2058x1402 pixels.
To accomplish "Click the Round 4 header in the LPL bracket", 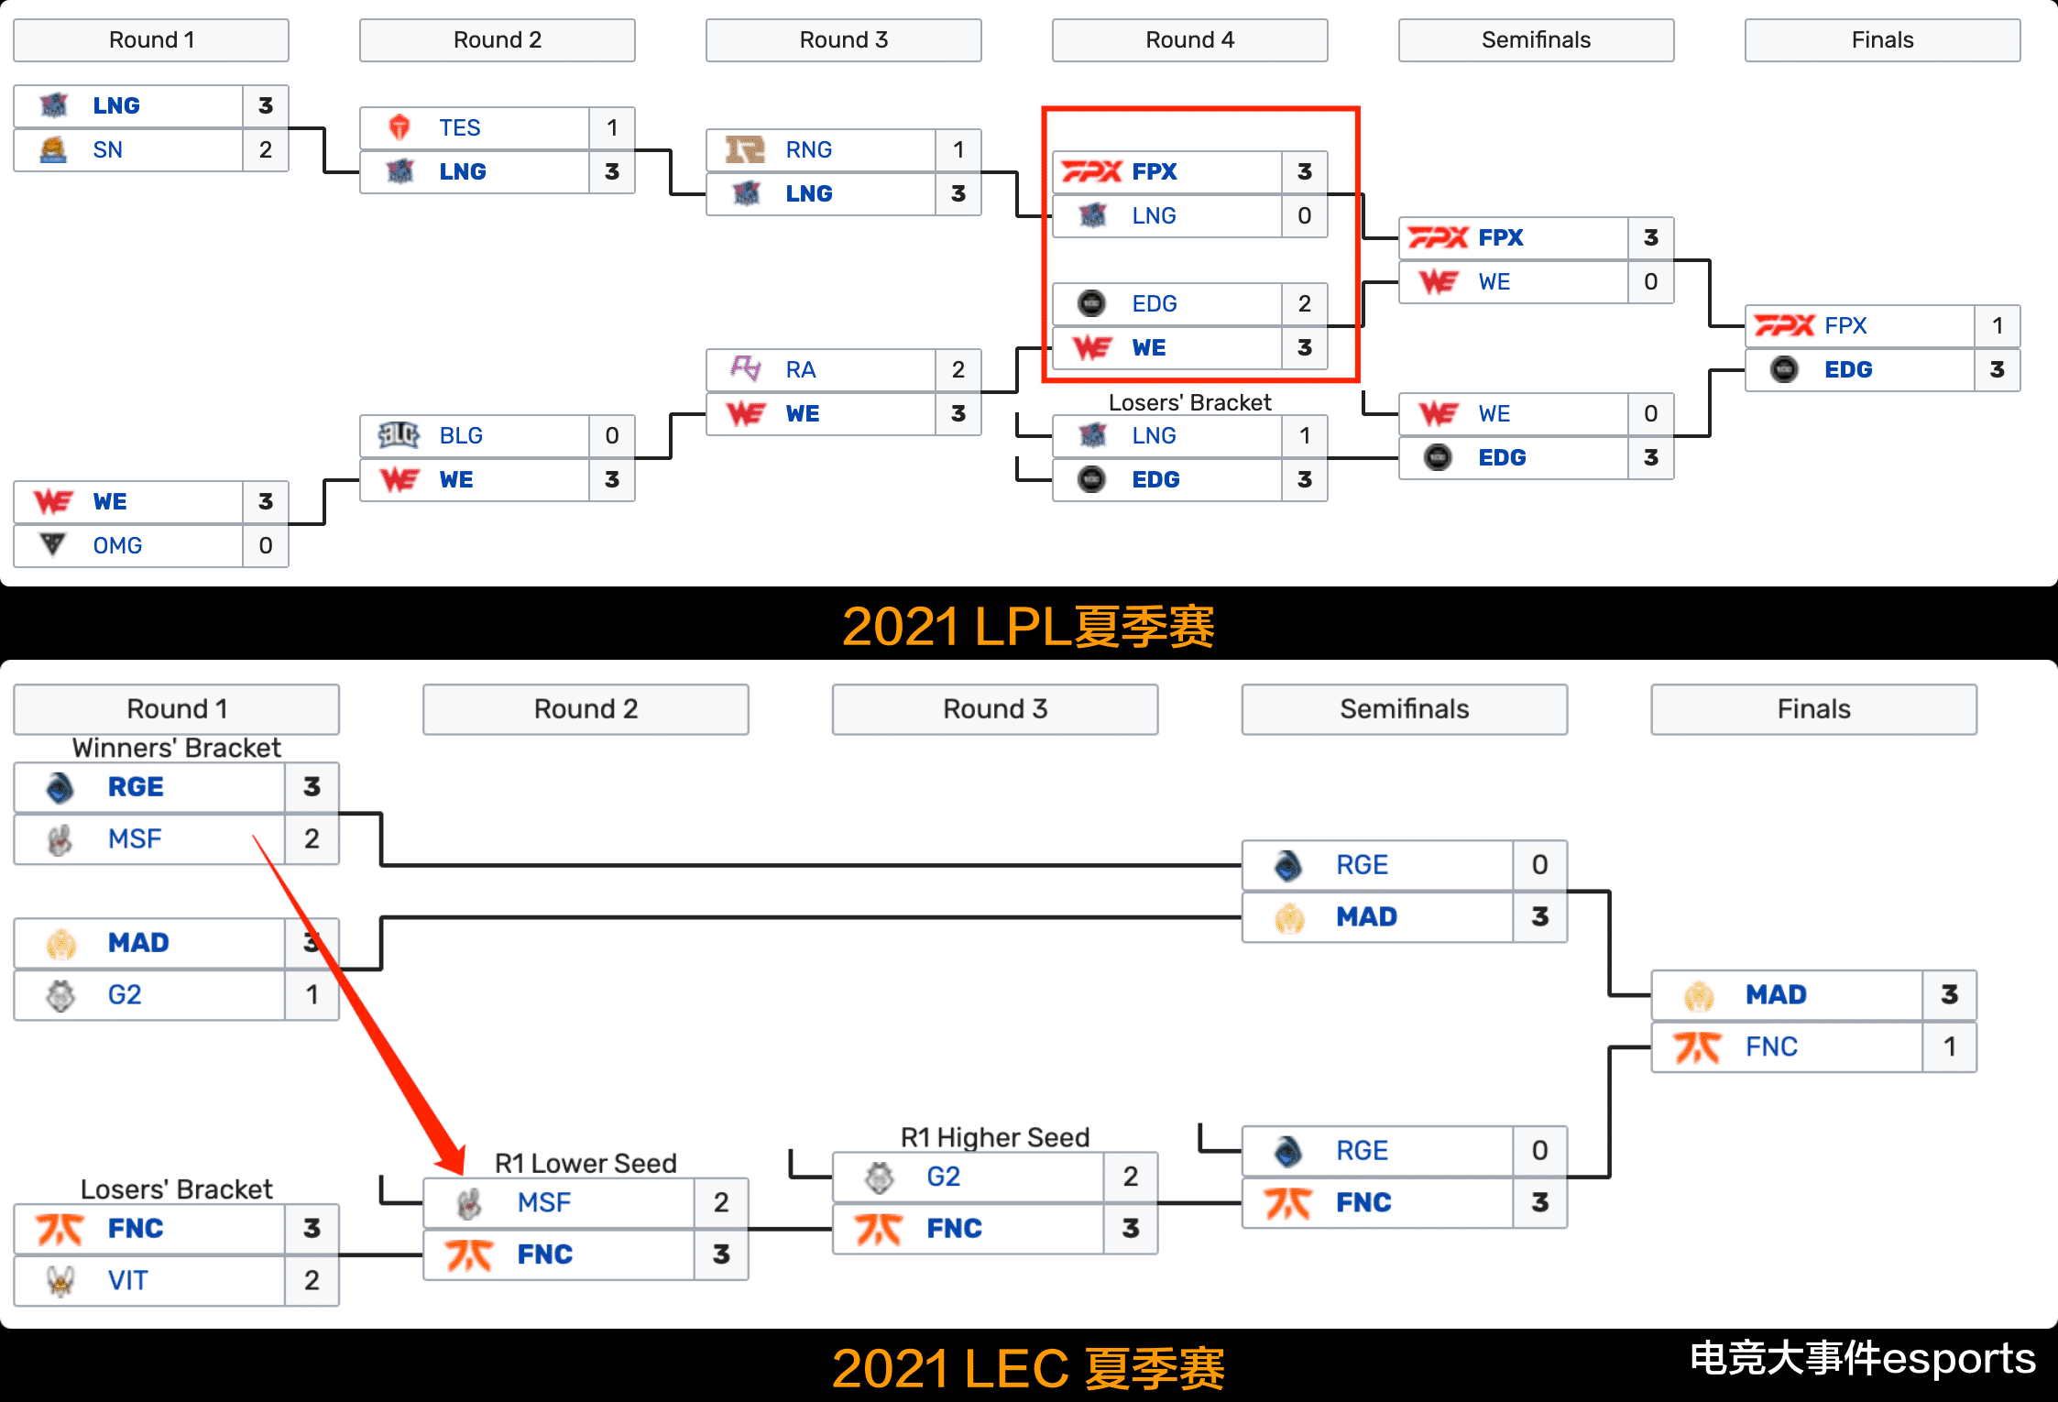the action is [1189, 40].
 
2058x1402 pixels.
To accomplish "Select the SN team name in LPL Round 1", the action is [107, 149].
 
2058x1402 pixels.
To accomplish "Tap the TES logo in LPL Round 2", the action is [400, 127].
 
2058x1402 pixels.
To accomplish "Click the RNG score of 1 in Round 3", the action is [958, 149].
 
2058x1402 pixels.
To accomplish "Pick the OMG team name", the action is [117, 545].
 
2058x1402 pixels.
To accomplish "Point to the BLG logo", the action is [400, 435].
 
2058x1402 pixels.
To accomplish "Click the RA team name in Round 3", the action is [800, 369].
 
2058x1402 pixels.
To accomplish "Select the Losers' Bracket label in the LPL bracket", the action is [1189, 402].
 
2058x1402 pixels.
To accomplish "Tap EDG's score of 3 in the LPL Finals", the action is [1997, 369].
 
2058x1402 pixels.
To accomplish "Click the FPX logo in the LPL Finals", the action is [1784, 325].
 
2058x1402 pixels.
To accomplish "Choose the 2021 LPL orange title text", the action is [1028, 627].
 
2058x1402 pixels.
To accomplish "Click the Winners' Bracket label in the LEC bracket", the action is [176, 748].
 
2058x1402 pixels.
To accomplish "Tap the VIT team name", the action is [127, 1280].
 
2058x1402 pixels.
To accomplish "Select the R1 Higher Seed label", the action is [995, 1137].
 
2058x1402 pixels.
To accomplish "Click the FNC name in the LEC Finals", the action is [1771, 1046].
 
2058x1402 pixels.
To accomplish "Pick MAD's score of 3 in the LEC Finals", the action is [1949, 994].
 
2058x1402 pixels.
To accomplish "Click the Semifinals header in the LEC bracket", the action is [1404, 709].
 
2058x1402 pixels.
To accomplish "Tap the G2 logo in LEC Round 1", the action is [60, 995].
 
